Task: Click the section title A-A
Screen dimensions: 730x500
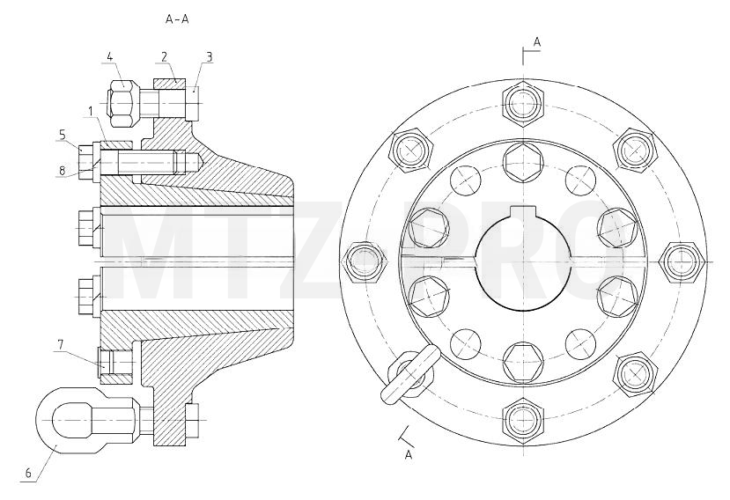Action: (x=177, y=19)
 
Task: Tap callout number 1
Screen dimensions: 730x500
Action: (x=91, y=111)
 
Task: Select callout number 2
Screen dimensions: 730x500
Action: (x=164, y=57)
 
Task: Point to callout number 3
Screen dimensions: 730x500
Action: (x=210, y=57)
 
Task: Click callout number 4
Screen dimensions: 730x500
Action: (x=109, y=57)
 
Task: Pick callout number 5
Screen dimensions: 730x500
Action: (x=63, y=135)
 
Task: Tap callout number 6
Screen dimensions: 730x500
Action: (x=28, y=474)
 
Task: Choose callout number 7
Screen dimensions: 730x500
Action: (x=60, y=344)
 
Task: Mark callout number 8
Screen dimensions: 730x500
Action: (x=63, y=171)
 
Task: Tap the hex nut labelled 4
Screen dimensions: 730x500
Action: (x=123, y=103)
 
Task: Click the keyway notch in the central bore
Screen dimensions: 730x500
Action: (x=523, y=212)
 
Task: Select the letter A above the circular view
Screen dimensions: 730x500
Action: (x=537, y=42)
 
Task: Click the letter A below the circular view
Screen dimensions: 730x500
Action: (x=409, y=455)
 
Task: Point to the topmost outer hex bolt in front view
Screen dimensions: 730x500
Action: (x=523, y=103)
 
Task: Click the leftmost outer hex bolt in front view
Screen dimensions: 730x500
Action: (x=365, y=261)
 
